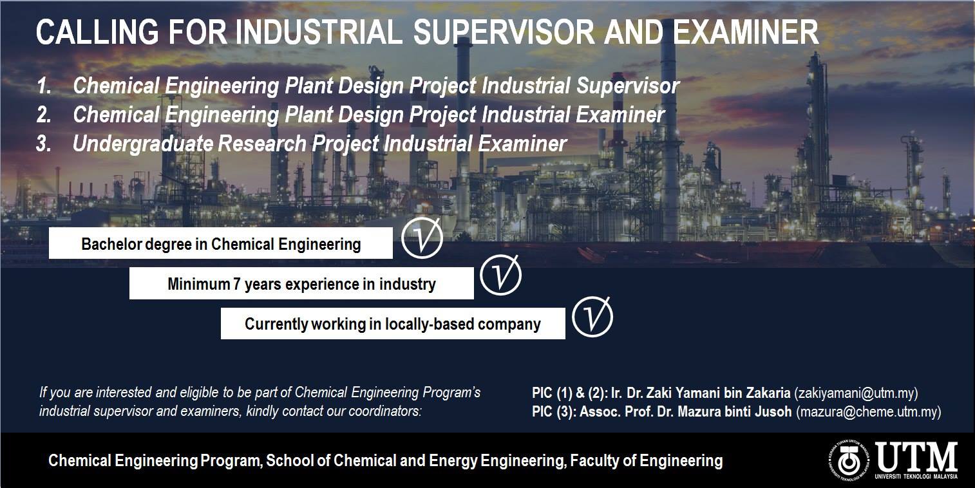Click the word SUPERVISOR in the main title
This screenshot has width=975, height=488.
click(x=504, y=32)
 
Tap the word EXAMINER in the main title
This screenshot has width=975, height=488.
click(x=746, y=32)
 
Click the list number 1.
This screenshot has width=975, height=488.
click(x=44, y=86)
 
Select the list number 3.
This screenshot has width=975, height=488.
click(x=44, y=144)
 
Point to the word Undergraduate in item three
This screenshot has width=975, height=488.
click(x=143, y=144)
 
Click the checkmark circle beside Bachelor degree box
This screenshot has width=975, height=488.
click(x=422, y=238)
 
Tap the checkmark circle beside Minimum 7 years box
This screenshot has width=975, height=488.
click(x=500, y=275)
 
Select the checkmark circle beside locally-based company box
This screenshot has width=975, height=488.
click(x=592, y=317)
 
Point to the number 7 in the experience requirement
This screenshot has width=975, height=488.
click(x=237, y=285)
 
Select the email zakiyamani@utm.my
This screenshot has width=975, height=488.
click(x=856, y=393)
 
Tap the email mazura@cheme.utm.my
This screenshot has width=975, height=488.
click(x=869, y=412)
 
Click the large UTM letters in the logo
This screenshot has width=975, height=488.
click(x=916, y=456)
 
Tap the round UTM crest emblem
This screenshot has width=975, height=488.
click(x=849, y=460)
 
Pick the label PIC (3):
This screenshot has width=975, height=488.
click(x=554, y=412)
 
